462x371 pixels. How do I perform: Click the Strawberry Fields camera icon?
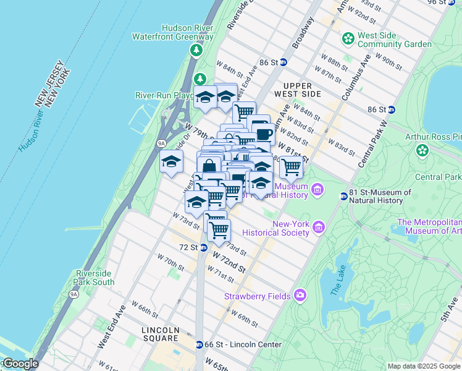(300, 296)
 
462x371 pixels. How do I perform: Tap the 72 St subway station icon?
(203, 247)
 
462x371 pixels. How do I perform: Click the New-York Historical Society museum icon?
(319, 228)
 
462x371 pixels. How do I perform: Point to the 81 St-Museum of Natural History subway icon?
(344, 197)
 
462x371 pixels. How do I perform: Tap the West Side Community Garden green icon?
(349, 39)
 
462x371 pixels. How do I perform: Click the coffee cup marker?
(264, 134)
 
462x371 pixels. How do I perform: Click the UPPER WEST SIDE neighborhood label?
(302, 90)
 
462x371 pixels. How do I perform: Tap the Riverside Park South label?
(95, 278)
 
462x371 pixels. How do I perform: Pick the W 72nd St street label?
(229, 261)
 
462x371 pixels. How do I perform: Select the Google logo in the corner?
(20, 364)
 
